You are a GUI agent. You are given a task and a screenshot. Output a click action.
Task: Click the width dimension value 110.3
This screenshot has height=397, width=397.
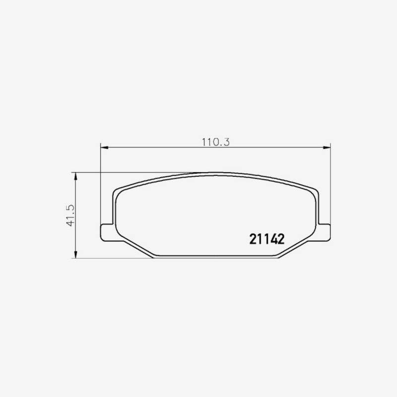[216, 142]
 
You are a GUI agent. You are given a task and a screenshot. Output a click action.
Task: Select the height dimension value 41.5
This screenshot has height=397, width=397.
[70, 215]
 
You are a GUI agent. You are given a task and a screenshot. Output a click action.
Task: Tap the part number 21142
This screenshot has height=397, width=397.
[267, 239]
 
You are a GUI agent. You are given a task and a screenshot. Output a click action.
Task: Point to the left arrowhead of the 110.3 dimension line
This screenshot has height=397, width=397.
[104, 147]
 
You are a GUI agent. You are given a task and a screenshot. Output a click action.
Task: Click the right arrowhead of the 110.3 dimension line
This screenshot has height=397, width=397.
[327, 147]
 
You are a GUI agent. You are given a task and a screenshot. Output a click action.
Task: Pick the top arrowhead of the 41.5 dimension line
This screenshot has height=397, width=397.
[75, 177]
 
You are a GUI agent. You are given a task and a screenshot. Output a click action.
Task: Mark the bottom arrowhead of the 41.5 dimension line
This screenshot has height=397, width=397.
[75, 255]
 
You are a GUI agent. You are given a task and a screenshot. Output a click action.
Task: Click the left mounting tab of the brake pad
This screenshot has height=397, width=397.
[107, 232]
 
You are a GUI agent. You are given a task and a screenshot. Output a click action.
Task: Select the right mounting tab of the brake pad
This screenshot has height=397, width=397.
[325, 232]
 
